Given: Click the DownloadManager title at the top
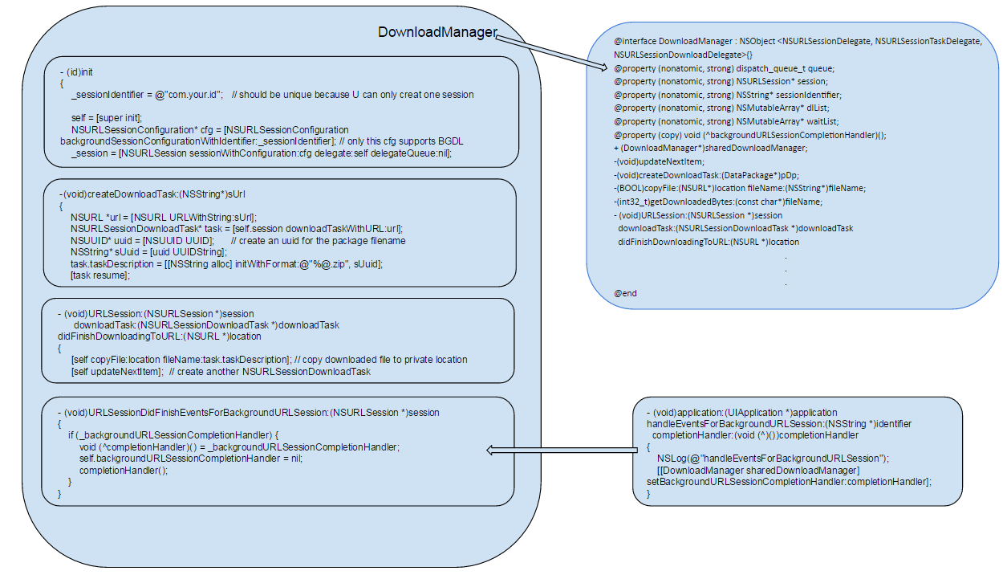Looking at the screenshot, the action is pos(437,32).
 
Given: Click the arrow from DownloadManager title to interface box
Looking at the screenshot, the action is pos(551,53).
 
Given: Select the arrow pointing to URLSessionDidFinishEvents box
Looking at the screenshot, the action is pos(562,450).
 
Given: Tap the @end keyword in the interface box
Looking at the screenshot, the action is pos(625,293).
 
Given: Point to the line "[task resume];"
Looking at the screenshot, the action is pos(99,275).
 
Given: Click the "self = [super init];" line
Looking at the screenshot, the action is pos(107,118).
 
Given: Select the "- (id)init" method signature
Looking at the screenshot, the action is pos(76,72).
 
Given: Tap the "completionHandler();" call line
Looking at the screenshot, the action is pos(124,471).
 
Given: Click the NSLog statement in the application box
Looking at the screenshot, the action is pos(773,459).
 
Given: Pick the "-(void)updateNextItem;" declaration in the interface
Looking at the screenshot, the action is pos(659,161).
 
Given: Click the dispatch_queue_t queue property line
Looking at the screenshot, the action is pos(725,68).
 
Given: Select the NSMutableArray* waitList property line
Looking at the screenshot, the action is pos(726,121).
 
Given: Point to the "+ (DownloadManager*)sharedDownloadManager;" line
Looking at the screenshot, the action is pos(711,148).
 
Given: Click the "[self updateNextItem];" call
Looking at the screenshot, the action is pos(117,372).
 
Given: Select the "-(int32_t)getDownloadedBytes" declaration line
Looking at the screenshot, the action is pos(718,202).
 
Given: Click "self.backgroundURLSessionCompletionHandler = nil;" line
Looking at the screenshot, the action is pos(191,459).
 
